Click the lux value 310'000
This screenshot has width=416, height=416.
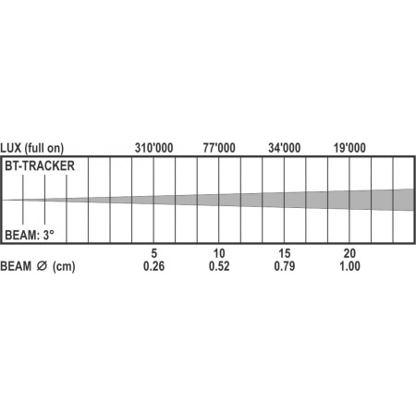154,146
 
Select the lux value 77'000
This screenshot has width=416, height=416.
219,146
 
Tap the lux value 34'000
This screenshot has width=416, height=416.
284,146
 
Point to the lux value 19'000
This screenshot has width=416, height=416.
349,146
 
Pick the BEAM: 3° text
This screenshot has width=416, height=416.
31,235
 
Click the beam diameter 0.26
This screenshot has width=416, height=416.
154,267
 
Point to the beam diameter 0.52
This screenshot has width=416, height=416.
219,267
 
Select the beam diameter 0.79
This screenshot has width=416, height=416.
284,267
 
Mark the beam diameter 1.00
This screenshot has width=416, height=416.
349,267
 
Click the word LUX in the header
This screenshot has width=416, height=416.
13,146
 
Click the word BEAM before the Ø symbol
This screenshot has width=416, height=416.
17,267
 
